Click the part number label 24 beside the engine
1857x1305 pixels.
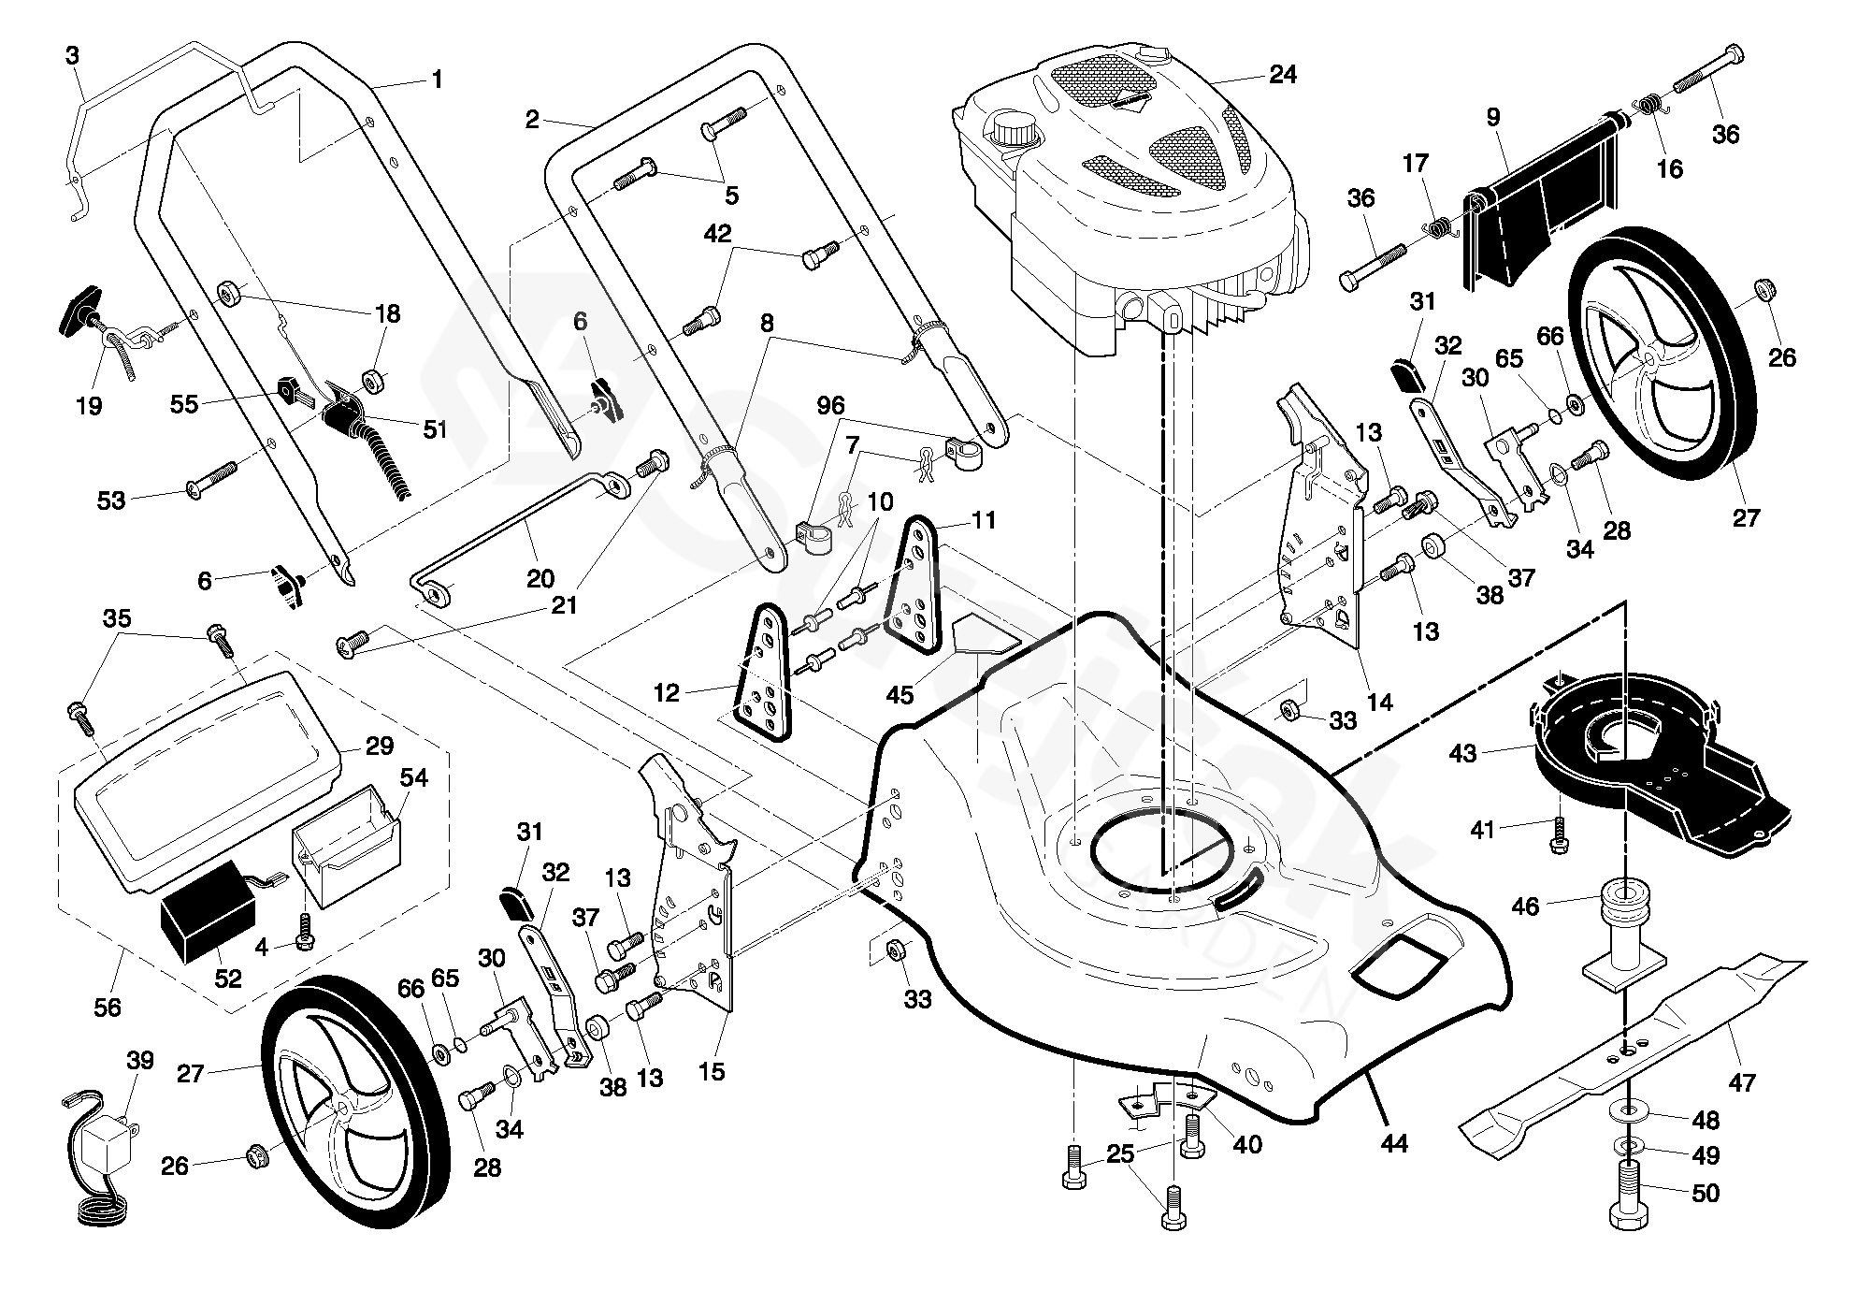point(1283,75)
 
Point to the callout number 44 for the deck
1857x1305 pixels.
point(1394,1142)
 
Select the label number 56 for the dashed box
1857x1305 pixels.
point(108,1007)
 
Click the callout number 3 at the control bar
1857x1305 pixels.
point(72,55)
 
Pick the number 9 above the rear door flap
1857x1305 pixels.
point(1492,117)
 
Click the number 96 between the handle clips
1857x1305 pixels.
point(830,406)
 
